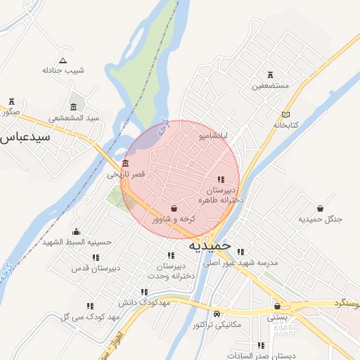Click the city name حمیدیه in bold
[210, 247]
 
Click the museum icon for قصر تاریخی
[125, 164]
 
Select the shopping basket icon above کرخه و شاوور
[174, 208]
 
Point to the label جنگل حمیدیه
[321, 219]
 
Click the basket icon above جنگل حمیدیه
[321, 208]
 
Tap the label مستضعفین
[271, 86]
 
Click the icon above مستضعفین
[271, 75]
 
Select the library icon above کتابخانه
[285, 114]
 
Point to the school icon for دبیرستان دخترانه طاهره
[222, 180]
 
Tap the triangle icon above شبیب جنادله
[63, 60]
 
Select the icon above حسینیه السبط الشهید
[76, 232]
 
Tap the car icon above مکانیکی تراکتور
[217, 314]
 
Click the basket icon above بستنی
[278, 307]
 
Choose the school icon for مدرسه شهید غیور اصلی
[240, 252]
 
